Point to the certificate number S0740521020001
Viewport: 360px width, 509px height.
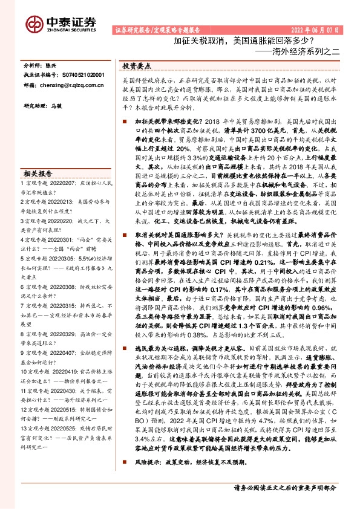[83, 76]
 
